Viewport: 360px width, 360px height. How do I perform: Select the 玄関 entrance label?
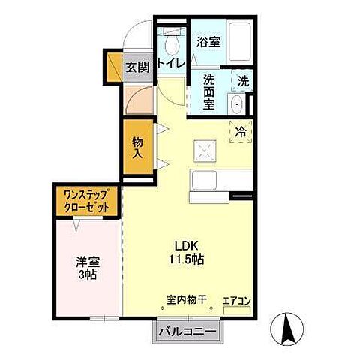click(136, 67)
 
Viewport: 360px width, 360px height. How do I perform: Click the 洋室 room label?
click(87, 262)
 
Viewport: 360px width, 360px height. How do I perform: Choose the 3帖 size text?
click(88, 275)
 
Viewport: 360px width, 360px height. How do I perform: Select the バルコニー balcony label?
click(187, 331)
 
